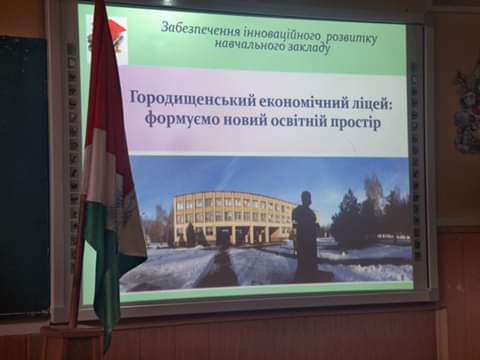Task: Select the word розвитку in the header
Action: (x=351, y=38)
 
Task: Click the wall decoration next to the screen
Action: (x=468, y=110)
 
